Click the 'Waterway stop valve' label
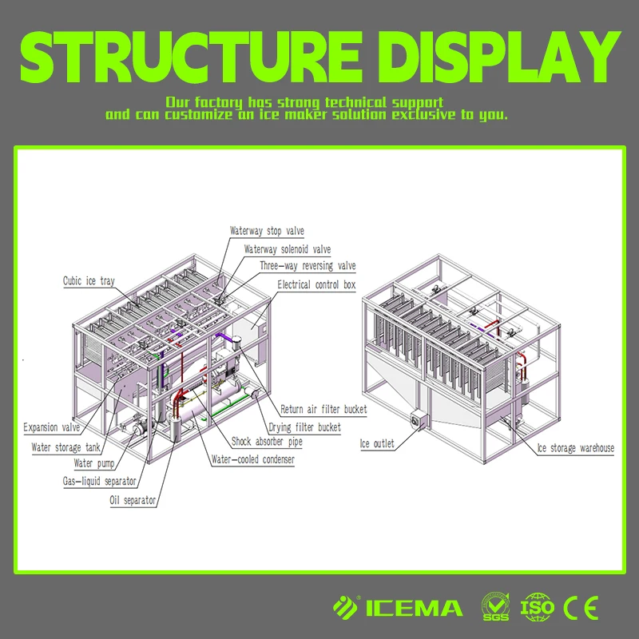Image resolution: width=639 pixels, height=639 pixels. click(x=267, y=231)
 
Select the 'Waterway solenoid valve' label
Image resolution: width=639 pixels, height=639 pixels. click(x=288, y=249)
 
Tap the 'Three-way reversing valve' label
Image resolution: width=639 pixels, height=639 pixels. click(x=308, y=266)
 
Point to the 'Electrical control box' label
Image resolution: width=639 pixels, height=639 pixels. click(x=316, y=284)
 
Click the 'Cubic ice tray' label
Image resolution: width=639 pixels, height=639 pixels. click(x=89, y=281)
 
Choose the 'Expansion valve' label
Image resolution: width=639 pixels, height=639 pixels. click(x=52, y=427)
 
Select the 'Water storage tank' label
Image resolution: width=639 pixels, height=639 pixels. click(x=65, y=447)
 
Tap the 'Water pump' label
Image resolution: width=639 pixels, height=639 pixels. click(x=94, y=463)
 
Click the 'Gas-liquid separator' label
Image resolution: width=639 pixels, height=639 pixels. click(x=99, y=482)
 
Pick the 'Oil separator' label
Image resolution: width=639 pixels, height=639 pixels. click(x=133, y=500)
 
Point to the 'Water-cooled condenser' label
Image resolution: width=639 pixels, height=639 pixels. click(x=252, y=459)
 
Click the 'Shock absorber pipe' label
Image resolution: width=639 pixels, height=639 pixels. click(x=267, y=442)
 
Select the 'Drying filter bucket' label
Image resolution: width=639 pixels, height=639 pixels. click(x=304, y=427)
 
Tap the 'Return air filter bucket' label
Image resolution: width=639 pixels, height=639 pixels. click(x=323, y=409)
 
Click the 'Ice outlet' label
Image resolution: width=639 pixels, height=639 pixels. click(x=377, y=443)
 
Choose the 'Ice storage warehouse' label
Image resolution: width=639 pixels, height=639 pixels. click(x=575, y=448)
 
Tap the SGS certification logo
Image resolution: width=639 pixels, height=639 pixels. click(x=495, y=606)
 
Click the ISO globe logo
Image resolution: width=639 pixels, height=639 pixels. click(x=537, y=607)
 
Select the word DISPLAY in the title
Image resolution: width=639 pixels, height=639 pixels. click(x=498, y=57)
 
